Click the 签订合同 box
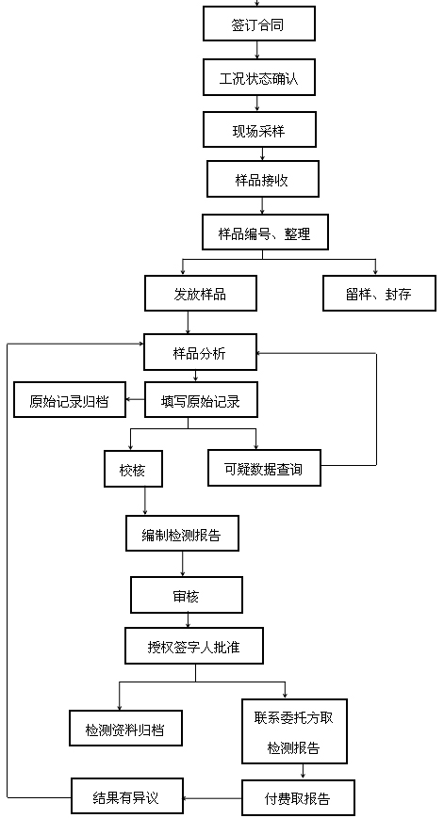pyautogui.click(x=259, y=24)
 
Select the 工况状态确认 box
pyautogui.click(x=259, y=77)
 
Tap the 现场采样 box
pyautogui.click(x=259, y=129)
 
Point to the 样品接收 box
pyautogui.click(x=263, y=179)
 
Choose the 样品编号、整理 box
pyautogui.click(x=265, y=233)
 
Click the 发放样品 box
pyautogui.click(x=201, y=293)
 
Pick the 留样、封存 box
pyautogui.click(x=379, y=293)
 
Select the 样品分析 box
pyautogui.click(x=201, y=353)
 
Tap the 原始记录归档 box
pyautogui.click(x=70, y=400)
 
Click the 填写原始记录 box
pyautogui.click(x=201, y=400)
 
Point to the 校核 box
pyautogui.click(x=133, y=469)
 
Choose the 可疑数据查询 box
pyautogui.click(x=264, y=468)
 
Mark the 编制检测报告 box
pyautogui.click(x=182, y=533)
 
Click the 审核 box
pyautogui.click(x=187, y=595)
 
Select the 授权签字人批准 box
pyautogui.click(x=194, y=646)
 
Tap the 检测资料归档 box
pyautogui.click(x=126, y=729)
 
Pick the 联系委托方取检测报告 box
pyautogui.click(x=295, y=731)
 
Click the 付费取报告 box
pyautogui.click(x=298, y=797)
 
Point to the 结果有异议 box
pyautogui.click(x=127, y=796)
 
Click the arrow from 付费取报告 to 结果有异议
pyautogui.click(x=213, y=797)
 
